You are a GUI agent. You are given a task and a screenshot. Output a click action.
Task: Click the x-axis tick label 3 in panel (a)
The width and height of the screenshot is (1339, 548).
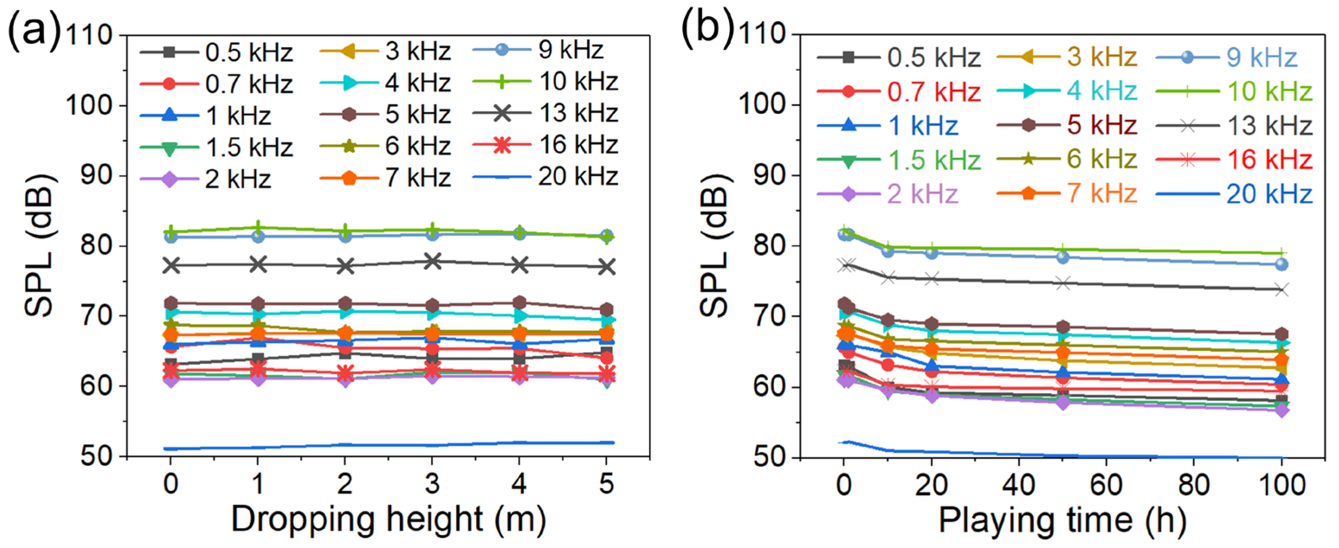coord(432,484)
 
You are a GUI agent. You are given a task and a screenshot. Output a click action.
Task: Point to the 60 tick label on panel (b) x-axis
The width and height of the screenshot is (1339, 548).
coord(1106,484)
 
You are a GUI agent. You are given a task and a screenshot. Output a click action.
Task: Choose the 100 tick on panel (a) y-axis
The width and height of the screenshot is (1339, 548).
coord(89,106)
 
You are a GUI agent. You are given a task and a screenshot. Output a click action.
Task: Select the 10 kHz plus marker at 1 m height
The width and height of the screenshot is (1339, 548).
coord(258,227)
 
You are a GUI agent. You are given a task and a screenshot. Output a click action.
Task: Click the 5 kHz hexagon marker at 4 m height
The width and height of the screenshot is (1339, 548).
coord(519,302)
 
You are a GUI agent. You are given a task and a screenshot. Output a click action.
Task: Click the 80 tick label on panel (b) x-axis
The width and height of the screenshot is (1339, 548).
coord(1193,484)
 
